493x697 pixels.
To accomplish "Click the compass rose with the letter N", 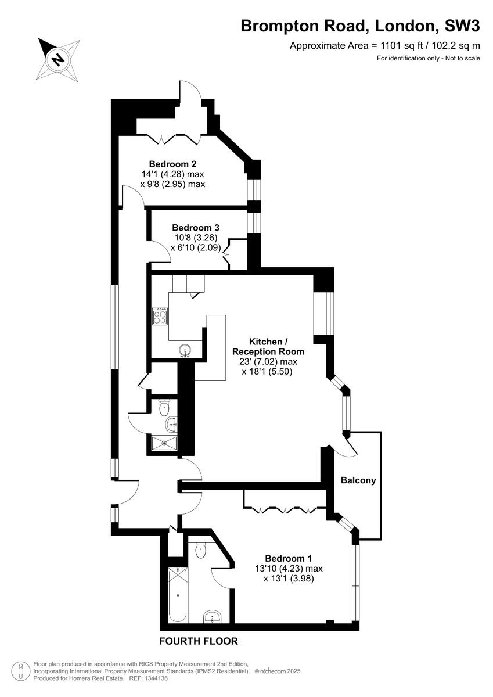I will [x=59, y=59].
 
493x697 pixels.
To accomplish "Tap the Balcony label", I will [x=358, y=480].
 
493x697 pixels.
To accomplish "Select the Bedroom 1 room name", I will [x=289, y=556].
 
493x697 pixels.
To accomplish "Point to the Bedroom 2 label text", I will [x=172, y=163].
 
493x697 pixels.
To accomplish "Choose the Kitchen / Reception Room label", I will [x=268, y=346].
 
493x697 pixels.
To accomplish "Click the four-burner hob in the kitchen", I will [x=160, y=317].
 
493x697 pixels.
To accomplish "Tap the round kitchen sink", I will [x=185, y=350].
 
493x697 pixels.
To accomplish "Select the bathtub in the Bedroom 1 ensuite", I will [x=177, y=595].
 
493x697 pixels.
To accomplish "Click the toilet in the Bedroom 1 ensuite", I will [x=201, y=549].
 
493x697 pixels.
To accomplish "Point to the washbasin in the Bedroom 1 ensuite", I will [x=213, y=617].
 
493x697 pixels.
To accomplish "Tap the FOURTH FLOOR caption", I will [x=199, y=641].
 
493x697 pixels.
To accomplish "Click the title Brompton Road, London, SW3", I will [x=360, y=26].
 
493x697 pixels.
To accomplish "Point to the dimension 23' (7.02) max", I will [x=268, y=361].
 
